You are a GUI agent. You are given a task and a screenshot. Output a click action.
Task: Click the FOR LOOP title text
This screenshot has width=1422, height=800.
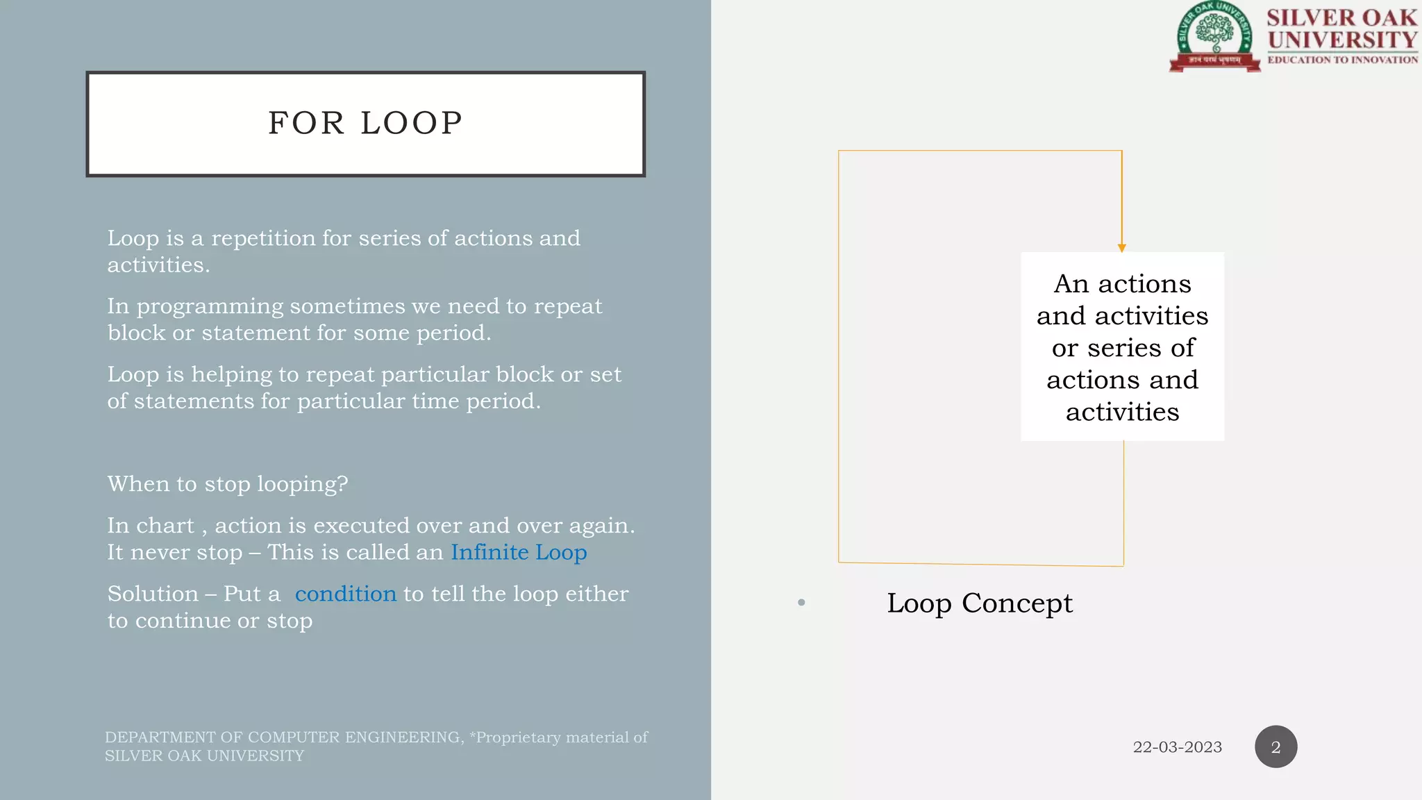click(365, 124)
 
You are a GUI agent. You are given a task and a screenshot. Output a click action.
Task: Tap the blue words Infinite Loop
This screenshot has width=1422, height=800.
click(519, 553)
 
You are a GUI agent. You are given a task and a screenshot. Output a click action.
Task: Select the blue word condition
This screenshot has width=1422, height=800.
click(345, 594)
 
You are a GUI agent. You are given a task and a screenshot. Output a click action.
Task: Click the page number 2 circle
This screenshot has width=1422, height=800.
click(1275, 747)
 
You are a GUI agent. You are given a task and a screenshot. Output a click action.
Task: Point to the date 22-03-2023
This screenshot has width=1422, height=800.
click(1177, 747)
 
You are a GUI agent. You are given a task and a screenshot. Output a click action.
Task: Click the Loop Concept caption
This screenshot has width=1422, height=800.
click(979, 603)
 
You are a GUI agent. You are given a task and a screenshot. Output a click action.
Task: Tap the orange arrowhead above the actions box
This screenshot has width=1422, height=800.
click(1121, 248)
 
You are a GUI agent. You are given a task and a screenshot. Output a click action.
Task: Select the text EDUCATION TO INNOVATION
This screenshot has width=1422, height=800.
click(1342, 60)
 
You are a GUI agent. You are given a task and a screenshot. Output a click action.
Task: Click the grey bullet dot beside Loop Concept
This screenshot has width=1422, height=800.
click(801, 603)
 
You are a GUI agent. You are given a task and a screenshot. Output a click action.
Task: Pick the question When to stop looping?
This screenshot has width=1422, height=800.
click(228, 484)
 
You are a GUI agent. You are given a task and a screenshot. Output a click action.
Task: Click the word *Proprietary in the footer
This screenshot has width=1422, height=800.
click(514, 737)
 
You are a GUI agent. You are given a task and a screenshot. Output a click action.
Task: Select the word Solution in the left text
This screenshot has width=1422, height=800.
click(153, 594)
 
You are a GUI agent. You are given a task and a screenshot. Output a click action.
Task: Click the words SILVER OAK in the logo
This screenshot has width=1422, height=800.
click(1341, 17)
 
